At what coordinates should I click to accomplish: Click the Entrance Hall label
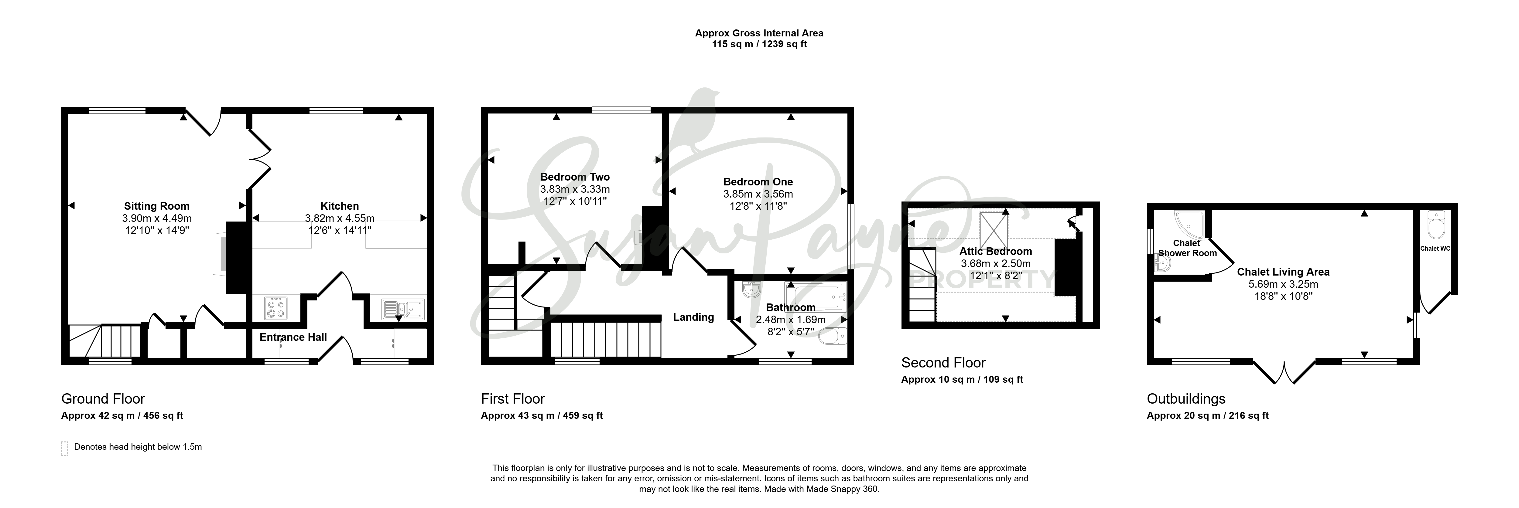[x=293, y=337]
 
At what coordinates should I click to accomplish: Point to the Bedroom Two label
[x=575, y=177]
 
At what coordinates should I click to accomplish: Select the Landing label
[x=693, y=317]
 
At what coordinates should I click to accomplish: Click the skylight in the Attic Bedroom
[x=994, y=230]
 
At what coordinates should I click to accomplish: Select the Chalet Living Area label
[x=1283, y=272]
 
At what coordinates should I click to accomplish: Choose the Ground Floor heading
[x=103, y=399]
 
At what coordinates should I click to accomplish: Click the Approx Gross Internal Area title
[x=759, y=33]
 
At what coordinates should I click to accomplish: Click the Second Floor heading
[x=943, y=363]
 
